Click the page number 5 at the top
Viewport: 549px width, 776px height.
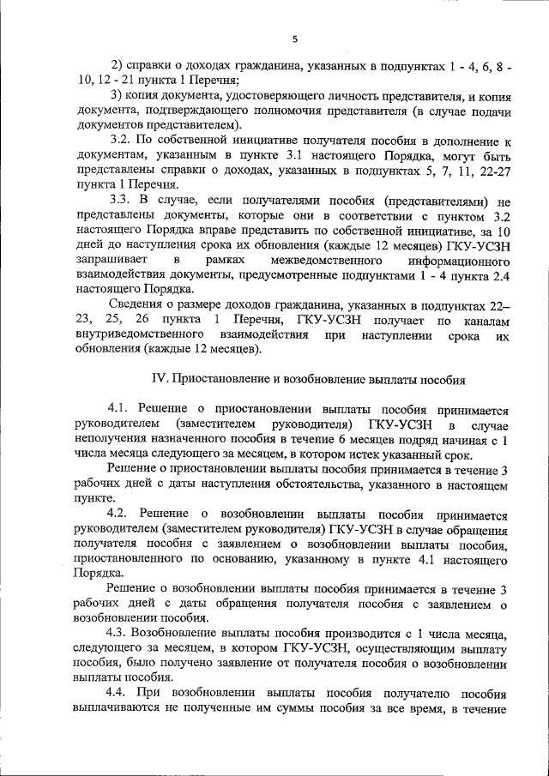tap(294, 39)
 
